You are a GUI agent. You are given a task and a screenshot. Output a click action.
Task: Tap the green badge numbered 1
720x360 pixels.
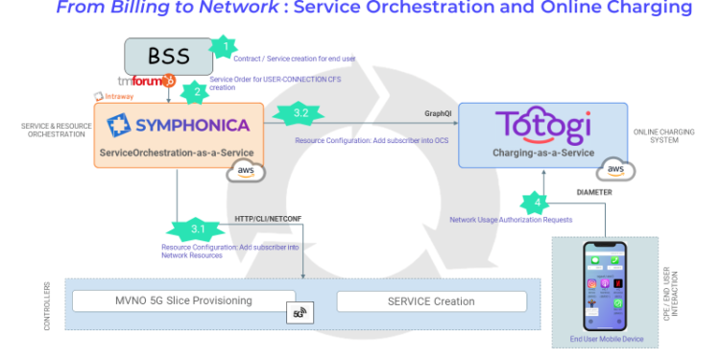point(224,46)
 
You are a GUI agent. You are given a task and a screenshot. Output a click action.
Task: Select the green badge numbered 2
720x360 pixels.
point(197,92)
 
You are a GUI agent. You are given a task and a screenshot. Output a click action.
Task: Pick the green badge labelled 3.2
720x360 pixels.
point(301,114)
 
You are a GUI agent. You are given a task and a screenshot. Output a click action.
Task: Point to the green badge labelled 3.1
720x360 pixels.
point(197,229)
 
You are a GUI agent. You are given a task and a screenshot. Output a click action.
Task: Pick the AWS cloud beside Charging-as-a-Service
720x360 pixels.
point(615,169)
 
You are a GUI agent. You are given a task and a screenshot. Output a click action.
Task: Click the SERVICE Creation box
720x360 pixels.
point(431,301)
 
